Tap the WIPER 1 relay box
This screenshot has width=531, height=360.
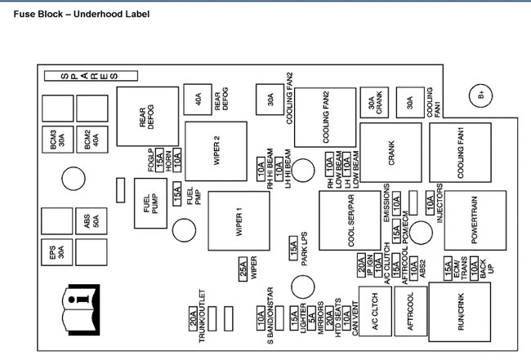coord(239,220)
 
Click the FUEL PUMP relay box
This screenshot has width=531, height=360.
coord(150,204)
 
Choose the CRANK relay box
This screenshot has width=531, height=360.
coord(390,153)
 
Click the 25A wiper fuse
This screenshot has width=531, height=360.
coord(243,269)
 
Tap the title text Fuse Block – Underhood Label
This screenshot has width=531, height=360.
coord(75,14)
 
